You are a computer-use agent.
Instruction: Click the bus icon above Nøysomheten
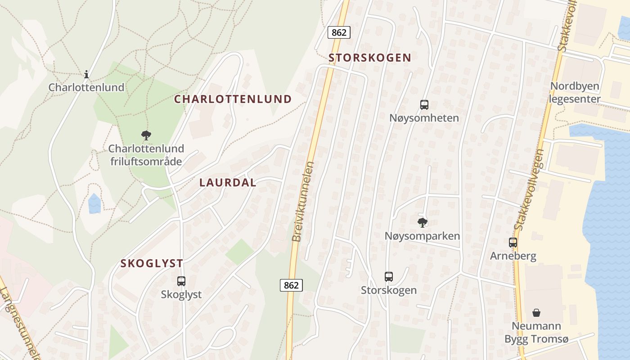tap(424, 105)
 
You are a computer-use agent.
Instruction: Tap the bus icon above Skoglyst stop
tap(181, 281)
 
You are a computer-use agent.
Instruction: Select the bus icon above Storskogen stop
tap(389, 277)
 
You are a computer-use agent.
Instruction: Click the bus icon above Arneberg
tap(513, 243)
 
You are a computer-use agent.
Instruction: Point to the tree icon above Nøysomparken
tap(422, 222)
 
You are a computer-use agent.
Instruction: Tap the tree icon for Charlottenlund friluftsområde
tap(146, 135)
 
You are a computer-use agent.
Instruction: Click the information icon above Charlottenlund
tap(86, 74)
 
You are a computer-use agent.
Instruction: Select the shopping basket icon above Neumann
tap(536, 313)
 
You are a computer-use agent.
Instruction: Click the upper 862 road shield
tap(339, 32)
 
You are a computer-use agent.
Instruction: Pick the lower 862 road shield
tap(291, 285)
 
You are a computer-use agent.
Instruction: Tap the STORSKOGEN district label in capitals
tap(370, 58)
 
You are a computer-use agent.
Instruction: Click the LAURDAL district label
tap(228, 183)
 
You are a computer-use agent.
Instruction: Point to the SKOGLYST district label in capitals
tap(152, 264)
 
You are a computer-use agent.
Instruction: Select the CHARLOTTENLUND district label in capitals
tap(233, 99)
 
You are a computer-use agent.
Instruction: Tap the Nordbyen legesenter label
tap(575, 93)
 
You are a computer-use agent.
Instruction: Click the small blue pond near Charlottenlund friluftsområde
tap(94, 203)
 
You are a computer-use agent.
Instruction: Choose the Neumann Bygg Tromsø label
tap(536, 333)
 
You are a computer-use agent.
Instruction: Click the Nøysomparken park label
tap(422, 236)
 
